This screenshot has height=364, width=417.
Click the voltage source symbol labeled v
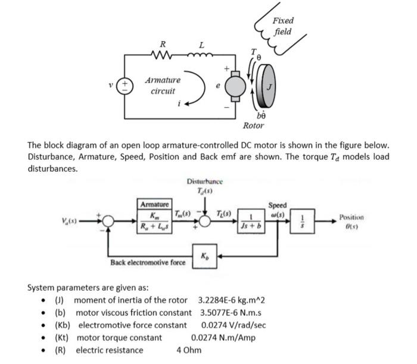pos(125,85)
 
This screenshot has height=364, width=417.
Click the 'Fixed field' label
pos(283,26)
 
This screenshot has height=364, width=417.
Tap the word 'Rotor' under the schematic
pos(253,125)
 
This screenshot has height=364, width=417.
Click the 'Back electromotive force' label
pos(148,263)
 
